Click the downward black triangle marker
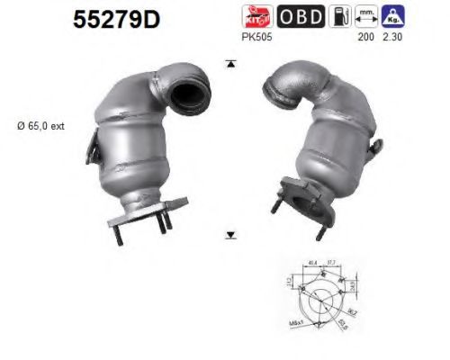pyautogui.click(x=231, y=235)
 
